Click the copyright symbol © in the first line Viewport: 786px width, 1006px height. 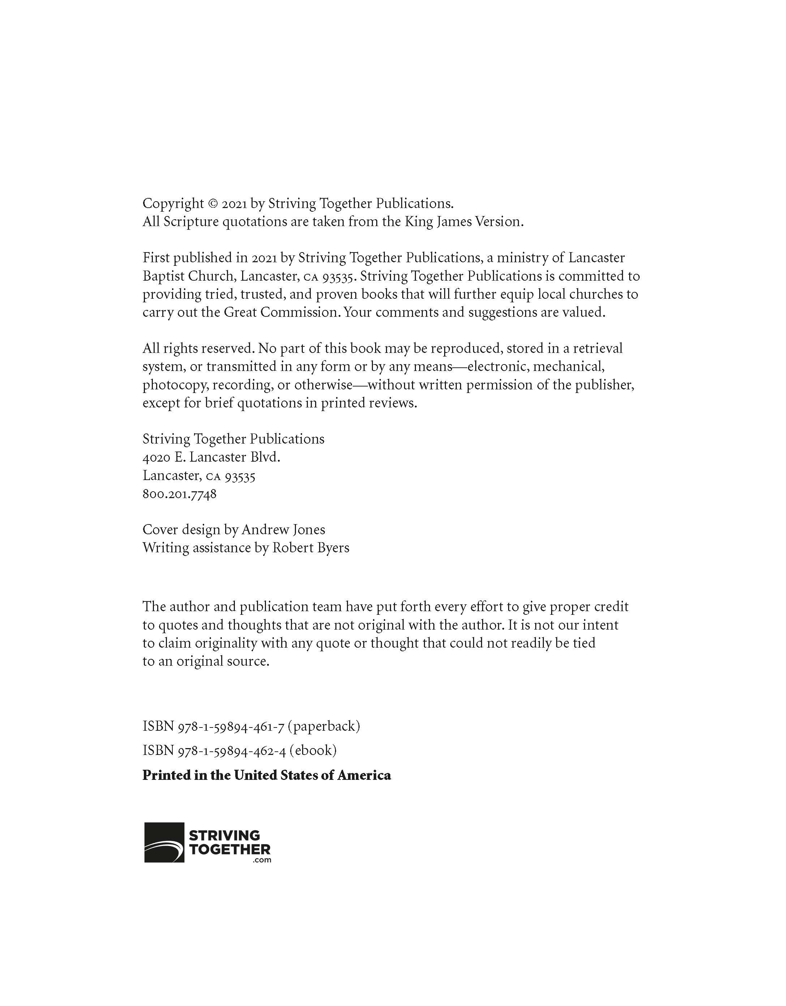212,204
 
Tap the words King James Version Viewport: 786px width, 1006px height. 464,222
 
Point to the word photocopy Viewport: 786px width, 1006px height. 175,385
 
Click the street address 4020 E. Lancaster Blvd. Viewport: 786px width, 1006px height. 211,457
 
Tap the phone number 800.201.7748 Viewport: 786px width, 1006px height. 179,494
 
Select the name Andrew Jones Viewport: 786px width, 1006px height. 283,530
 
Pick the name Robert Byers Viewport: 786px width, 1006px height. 311,548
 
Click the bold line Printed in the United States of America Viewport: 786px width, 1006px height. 267,775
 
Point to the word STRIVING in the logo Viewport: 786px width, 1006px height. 225,836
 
